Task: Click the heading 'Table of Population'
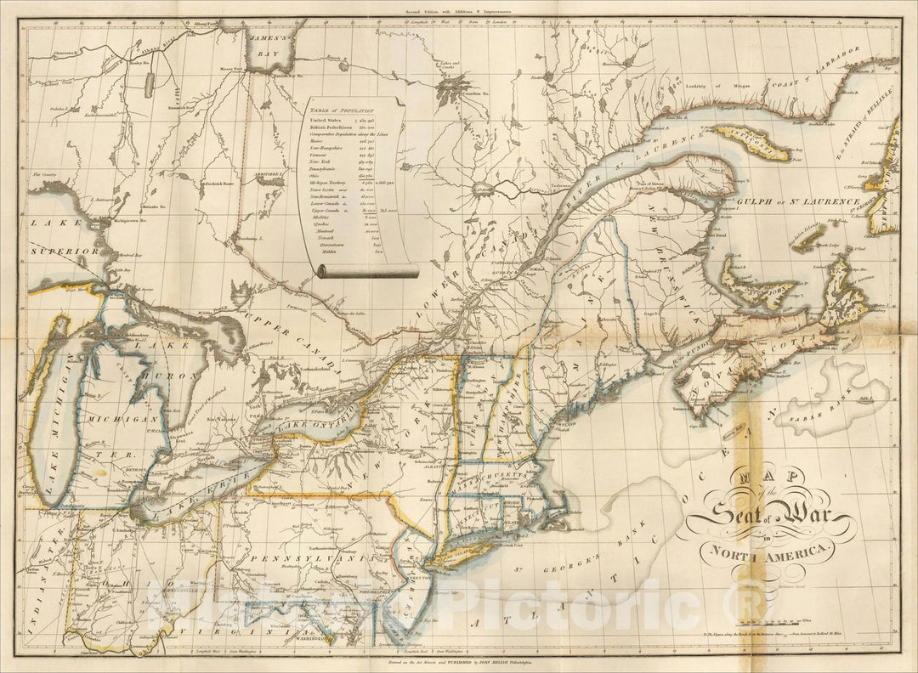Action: (x=341, y=110)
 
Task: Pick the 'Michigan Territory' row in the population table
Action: (x=334, y=180)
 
